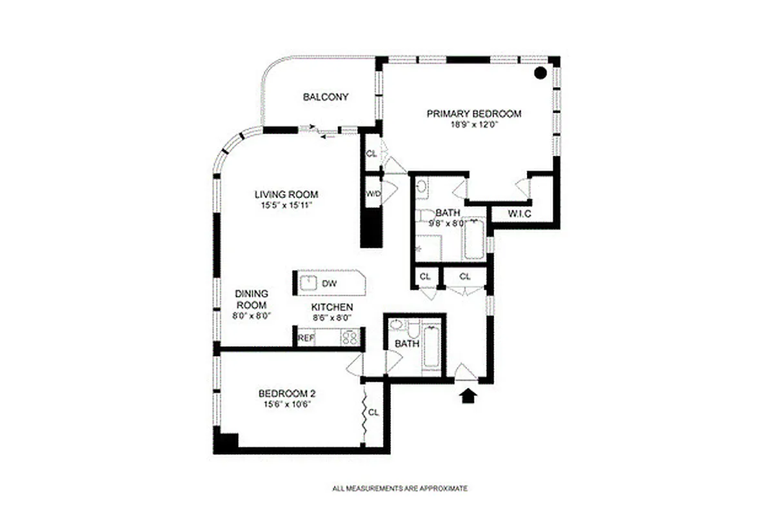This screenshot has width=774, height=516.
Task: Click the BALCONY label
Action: coord(326,97)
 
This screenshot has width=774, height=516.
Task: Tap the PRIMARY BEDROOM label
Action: coord(473,114)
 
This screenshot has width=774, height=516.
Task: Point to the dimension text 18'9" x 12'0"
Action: coord(473,124)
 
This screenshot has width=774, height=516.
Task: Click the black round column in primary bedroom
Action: coord(541,73)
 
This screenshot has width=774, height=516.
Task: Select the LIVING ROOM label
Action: coord(286,194)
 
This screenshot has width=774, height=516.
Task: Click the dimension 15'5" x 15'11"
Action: coord(286,206)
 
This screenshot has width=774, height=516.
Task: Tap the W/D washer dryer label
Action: coord(373,193)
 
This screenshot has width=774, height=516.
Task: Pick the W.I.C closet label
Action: coord(519,213)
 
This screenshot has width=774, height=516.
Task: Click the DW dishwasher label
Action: coord(329,283)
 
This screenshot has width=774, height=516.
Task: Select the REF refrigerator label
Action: coord(305,337)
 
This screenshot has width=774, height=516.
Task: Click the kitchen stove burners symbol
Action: coord(349,337)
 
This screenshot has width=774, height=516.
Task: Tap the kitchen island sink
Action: coord(308,282)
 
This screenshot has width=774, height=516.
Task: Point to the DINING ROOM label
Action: coord(251,299)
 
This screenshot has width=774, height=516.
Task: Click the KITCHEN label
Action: coord(332,307)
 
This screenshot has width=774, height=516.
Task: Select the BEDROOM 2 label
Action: coord(286,393)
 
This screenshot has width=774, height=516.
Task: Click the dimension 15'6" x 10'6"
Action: coord(286,405)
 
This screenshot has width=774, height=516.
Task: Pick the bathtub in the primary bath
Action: coord(473,239)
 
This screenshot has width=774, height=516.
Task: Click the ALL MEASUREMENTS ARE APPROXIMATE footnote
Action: coord(399,488)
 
